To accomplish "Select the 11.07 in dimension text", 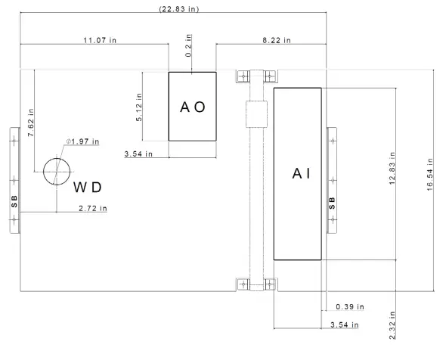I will (x=96, y=39).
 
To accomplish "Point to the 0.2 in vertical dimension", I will (x=190, y=51).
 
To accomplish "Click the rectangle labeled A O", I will (x=192, y=107).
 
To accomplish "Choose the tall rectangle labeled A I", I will (x=297, y=173).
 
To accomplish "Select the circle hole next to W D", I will (x=56, y=172).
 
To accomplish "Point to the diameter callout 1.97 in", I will (x=83, y=141).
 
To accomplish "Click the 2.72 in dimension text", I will (x=93, y=208).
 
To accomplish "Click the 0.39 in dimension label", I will (x=348, y=307).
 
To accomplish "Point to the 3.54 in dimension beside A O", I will (x=138, y=154).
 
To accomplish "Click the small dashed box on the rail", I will (x=257, y=118).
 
